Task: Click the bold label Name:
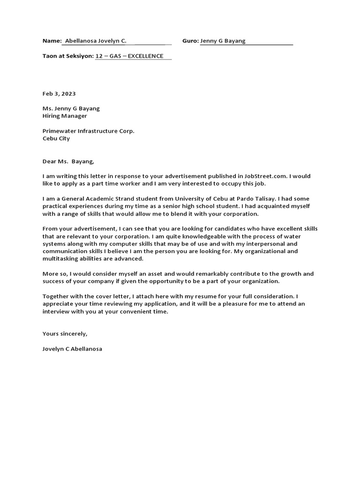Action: click(x=52, y=41)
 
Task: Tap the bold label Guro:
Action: click(x=190, y=41)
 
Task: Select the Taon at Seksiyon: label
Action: click(x=68, y=56)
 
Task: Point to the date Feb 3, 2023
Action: click(x=59, y=94)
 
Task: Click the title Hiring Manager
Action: click(x=65, y=116)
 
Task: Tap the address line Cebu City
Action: click(x=56, y=139)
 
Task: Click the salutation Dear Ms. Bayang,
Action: click(x=68, y=162)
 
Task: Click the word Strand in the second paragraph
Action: click(x=128, y=199)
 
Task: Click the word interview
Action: click(x=55, y=312)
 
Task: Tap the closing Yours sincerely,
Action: click(x=65, y=334)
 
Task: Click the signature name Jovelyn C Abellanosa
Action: click(x=72, y=349)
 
